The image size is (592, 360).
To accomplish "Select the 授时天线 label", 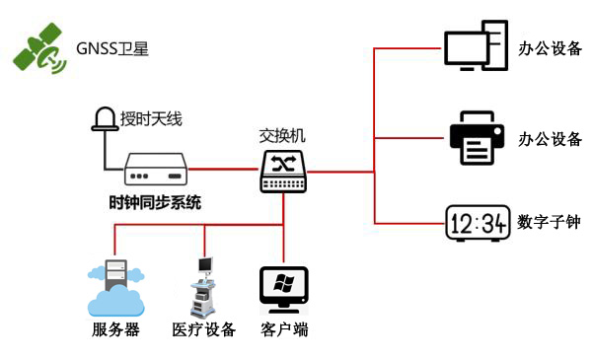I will point(151,119).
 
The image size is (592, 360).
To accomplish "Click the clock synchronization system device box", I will point(156,171).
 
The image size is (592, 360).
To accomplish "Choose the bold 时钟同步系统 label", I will point(155,203).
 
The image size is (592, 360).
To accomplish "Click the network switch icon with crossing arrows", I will point(284,171).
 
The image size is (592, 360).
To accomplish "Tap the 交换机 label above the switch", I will point(284,135).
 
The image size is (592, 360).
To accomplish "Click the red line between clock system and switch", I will point(223,170).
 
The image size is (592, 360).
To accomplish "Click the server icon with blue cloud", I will point(115,285).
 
